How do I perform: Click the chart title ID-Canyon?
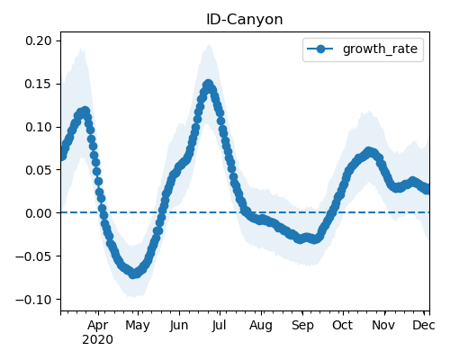[245, 20]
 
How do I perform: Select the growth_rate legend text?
[380, 49]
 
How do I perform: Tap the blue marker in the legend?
[320, 49]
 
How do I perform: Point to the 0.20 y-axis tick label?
[38, 40]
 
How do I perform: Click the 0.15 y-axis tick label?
[38, 84]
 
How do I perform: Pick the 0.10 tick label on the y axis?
[38, 127]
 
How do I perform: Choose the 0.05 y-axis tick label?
[38, 170]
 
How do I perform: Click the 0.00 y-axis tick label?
[38, 213]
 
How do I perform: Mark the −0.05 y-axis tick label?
[33, 256]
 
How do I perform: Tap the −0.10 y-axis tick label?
[33, 300]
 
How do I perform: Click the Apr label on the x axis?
[98, 326]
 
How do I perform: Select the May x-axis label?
[138, 326]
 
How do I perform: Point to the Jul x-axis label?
[220, 326]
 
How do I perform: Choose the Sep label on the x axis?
[302, 326]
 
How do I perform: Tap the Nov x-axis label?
[383, 326]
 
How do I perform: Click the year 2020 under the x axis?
[98, 340]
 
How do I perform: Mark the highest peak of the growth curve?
[208, 84]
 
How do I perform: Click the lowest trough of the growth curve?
[134, 274]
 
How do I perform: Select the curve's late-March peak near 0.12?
[85, 111]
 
